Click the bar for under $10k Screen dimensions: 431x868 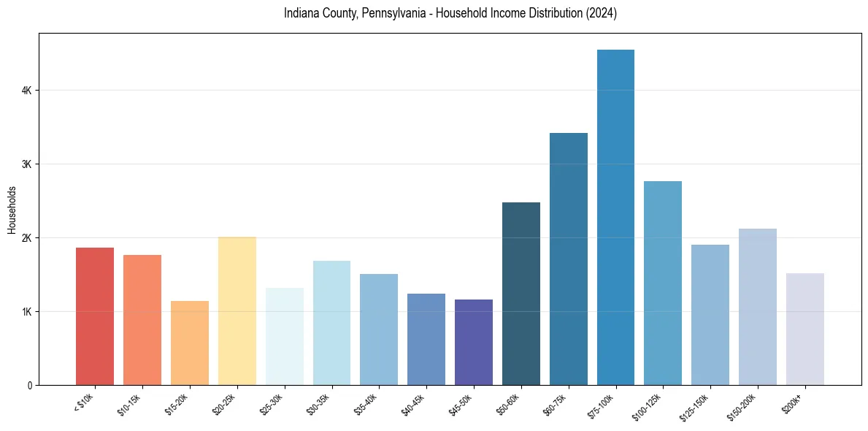click(95, 316)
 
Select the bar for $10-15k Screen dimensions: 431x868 click(142, 320)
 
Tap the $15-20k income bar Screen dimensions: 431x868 click(190, 343)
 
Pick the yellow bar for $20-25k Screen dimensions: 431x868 click(237, 311)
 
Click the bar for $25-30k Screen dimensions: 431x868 click(285, 337)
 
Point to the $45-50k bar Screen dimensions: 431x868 click(474, 343)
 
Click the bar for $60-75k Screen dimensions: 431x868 click(569, 259)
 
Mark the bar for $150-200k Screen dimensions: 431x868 click(758, 307)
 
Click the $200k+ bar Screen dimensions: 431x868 click(805, 329)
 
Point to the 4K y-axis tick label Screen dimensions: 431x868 click(26, 91)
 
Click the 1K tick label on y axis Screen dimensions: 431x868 click(26, 312)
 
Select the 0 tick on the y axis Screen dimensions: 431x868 click(29, 386)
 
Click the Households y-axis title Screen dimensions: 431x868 click(12, 210)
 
